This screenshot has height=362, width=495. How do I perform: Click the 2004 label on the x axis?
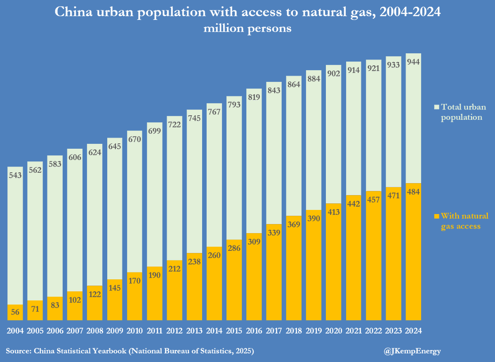(15, 331)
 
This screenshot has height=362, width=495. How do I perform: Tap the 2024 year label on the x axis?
(413, 331)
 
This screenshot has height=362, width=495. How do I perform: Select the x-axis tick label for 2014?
(214, 331)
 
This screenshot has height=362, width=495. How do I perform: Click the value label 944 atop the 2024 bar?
(413, 62)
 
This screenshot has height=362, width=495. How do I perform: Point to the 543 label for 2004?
(15, 175)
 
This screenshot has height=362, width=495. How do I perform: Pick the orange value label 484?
(413, 192)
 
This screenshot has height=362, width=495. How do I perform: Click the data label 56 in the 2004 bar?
(15, 312)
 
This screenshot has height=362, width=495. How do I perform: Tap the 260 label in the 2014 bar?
(214, 255)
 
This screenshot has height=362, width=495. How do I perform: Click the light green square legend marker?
(437, 107)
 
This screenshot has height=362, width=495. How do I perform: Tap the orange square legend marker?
(437, 216)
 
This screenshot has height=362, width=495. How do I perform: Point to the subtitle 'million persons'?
(247, 29)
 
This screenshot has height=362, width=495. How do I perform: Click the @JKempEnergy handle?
(412, 351)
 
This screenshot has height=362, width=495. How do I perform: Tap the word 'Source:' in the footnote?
(19, 351)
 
